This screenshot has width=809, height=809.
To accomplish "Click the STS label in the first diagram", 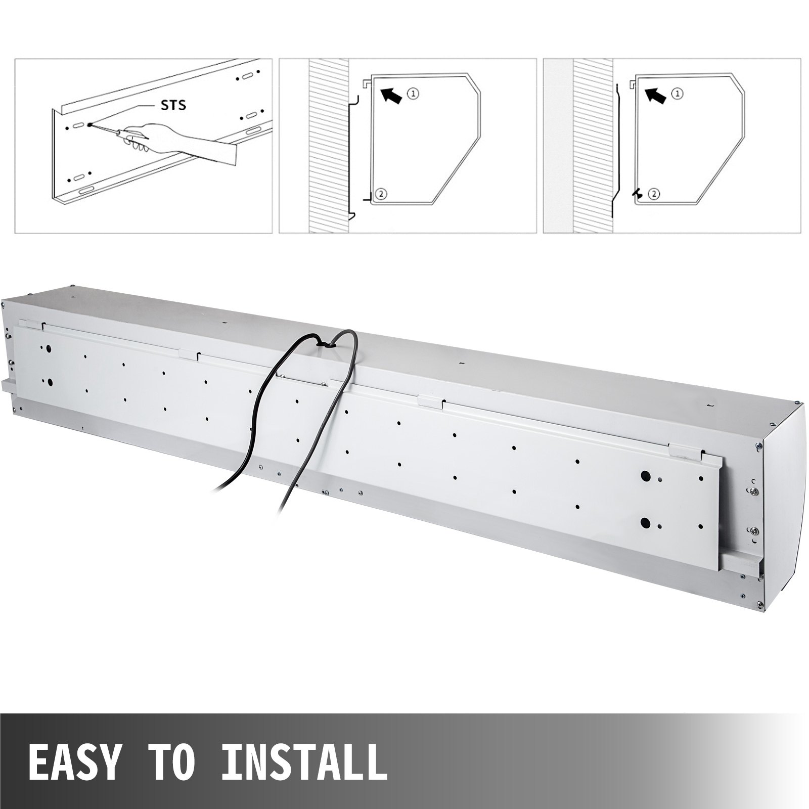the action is click(x=173, y=105).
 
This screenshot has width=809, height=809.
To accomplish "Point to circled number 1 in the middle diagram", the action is click(x=414, y=93).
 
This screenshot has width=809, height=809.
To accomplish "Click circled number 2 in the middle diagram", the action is click(x=381, y=193).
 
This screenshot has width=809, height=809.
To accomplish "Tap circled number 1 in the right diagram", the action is click(x=678, y=94).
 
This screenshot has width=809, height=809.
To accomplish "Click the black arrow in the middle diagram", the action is click(x=392, y=96).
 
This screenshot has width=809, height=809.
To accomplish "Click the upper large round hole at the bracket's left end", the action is click(x=48, y=349).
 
